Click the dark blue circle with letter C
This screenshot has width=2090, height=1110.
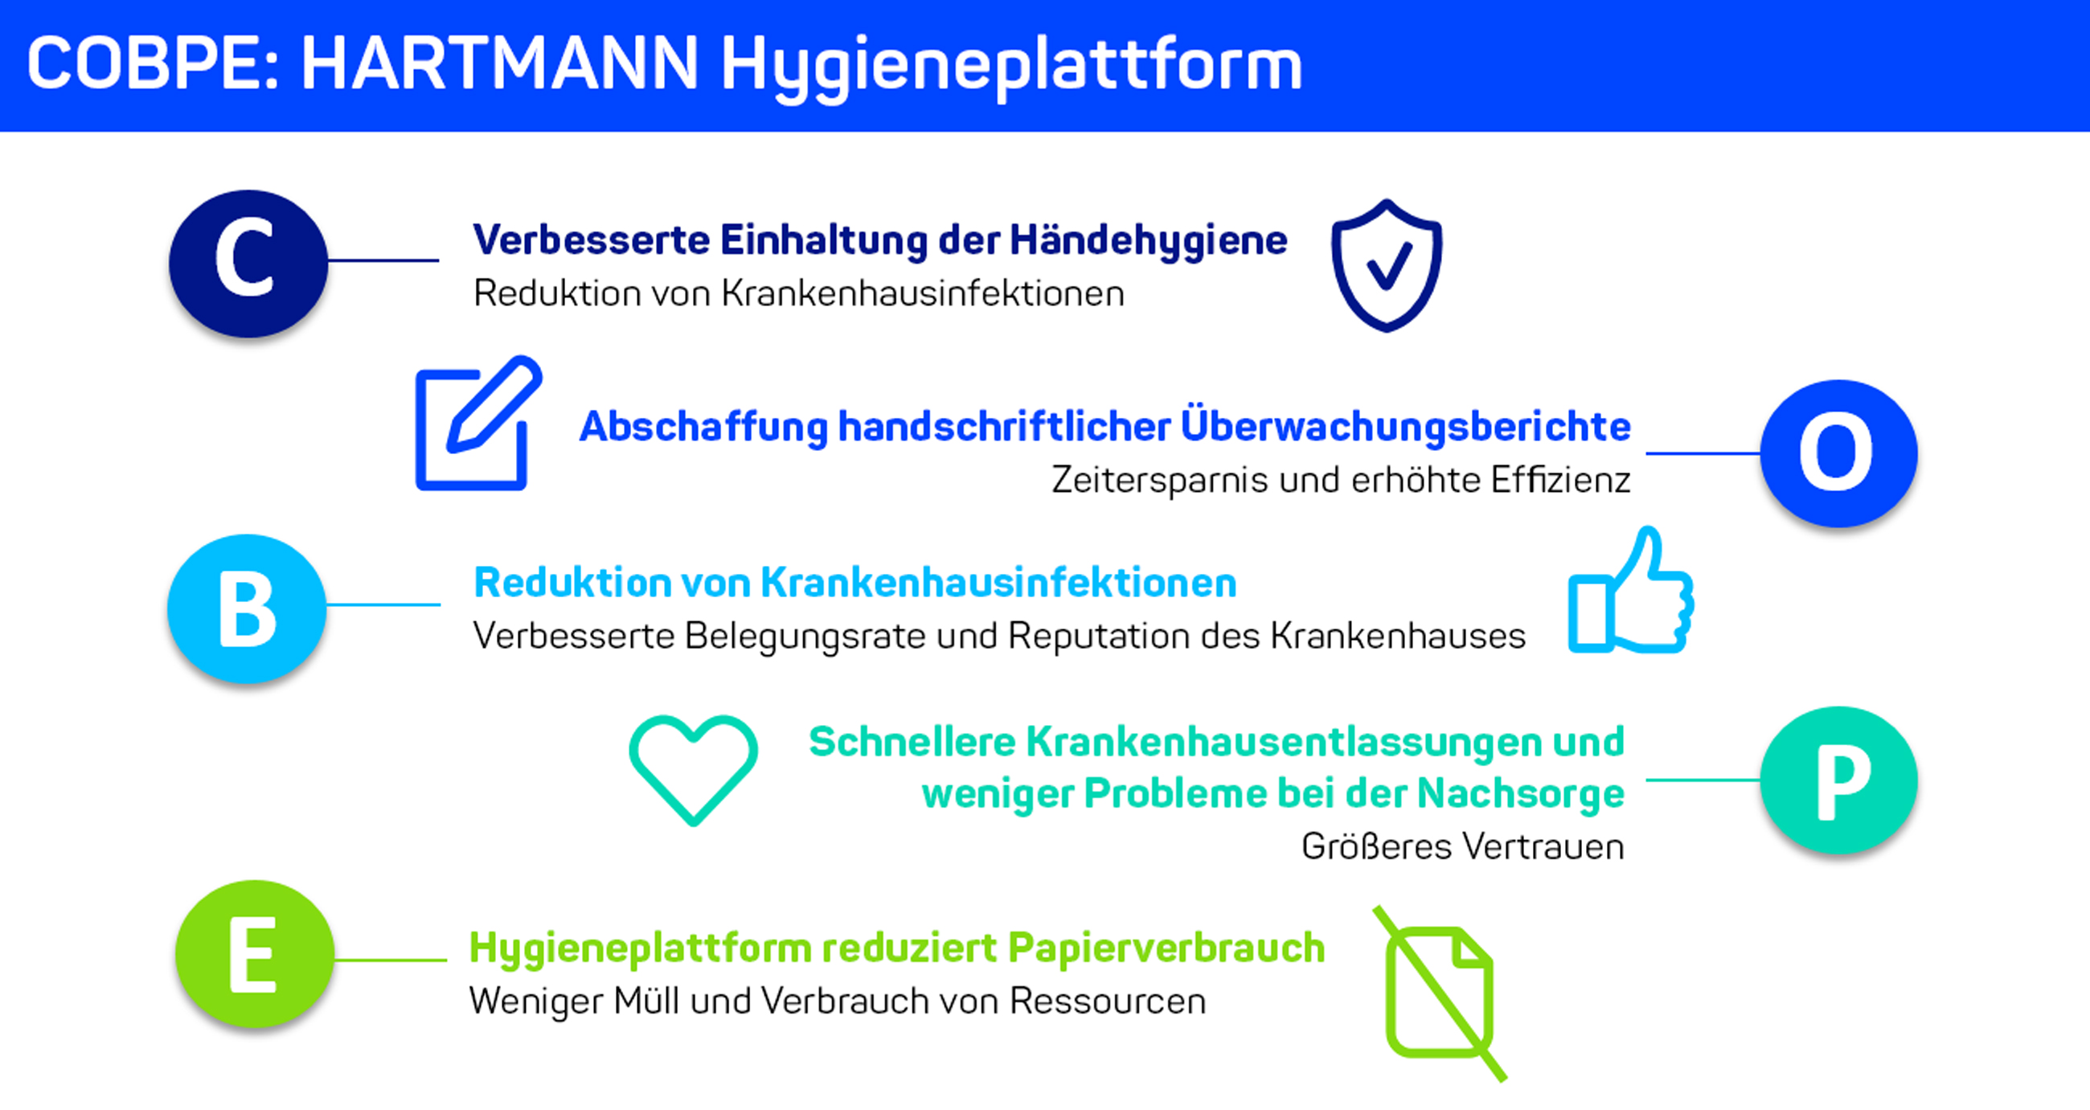[248, 263]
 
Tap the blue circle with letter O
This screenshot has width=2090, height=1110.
[1838, 453]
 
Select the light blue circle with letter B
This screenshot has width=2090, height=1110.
[248, 608]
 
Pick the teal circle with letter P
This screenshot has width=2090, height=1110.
[1838, 780]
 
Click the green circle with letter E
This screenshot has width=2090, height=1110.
[255, 953]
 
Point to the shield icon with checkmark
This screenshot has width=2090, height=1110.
[1387, 264]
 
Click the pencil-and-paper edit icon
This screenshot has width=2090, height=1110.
[478, 423]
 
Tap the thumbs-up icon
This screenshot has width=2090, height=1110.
[1631, 590]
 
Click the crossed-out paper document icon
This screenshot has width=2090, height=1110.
[1440, 993]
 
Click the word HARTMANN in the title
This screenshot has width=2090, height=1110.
[499, 63]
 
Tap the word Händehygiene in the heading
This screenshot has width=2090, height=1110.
[1148, 241]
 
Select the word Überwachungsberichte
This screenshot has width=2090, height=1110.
[1405, 426]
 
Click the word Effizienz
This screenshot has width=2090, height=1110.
[1560, 480]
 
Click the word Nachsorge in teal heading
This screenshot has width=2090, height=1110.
[1520, 793]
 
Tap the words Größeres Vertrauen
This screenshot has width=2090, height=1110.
[1463, 846]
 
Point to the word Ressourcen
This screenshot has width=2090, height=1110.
[1108, 1001]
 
